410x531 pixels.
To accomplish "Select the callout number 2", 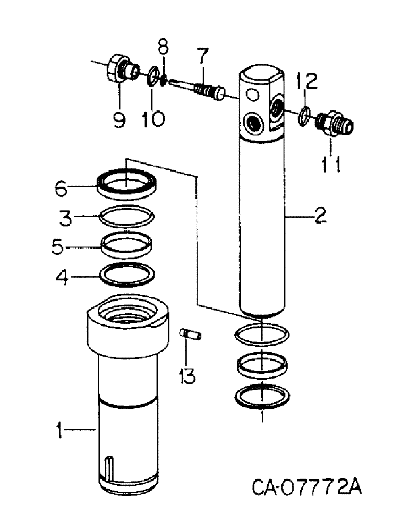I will (x=319, y=216).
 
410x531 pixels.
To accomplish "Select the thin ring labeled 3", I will (x=128, y=216).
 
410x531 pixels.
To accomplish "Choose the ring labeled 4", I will (x=128, y=275).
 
